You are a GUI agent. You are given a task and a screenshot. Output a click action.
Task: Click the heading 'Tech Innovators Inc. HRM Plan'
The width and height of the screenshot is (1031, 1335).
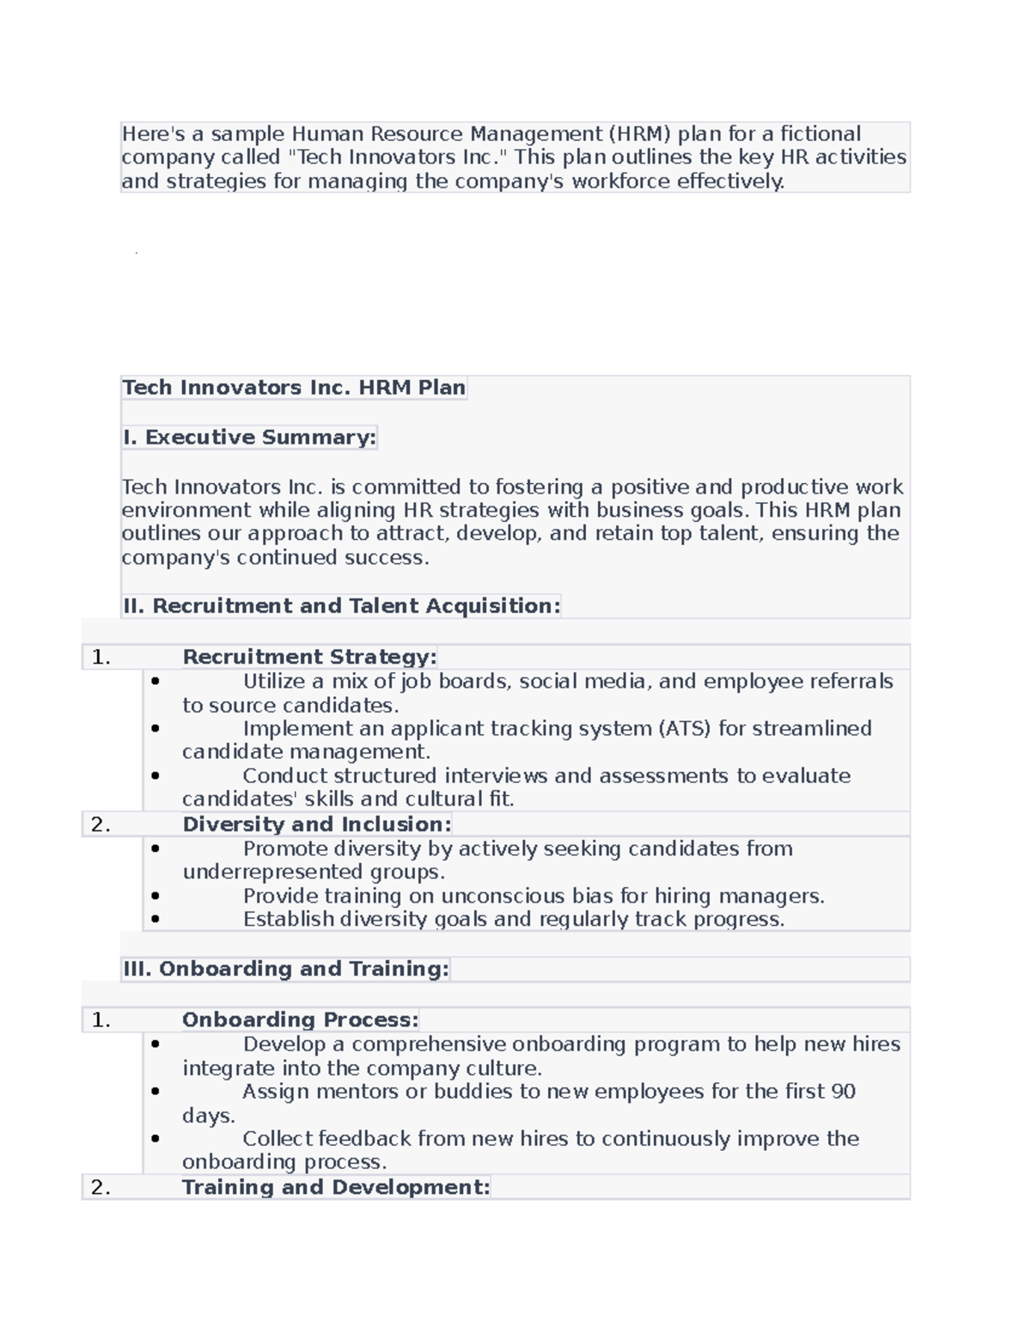click(294, 388)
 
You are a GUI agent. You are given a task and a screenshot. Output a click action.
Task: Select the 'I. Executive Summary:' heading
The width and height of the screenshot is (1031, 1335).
click(249, 438)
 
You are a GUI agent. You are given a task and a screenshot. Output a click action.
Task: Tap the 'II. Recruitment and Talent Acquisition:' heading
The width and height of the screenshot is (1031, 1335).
click(341, 606)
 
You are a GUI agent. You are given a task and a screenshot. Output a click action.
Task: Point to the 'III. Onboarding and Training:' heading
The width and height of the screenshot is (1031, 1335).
click(285, 969)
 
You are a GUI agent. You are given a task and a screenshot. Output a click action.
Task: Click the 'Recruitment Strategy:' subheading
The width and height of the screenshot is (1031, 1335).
click(309, 657)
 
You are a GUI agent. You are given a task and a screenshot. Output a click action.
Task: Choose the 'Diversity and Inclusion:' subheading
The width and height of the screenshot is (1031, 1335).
click(316, 824)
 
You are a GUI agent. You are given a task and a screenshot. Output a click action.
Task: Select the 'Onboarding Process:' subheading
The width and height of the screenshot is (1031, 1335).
click(300, 1020)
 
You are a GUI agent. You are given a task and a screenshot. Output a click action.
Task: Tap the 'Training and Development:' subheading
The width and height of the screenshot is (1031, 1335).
click(335, 1187)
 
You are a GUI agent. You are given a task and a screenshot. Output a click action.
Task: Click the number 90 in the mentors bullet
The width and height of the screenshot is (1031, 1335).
click(843, 1092)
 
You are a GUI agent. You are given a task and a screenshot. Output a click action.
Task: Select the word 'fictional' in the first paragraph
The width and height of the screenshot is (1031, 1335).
click(820, 134)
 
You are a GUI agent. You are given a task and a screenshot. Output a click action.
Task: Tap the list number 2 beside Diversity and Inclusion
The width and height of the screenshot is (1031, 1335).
click(100, 824)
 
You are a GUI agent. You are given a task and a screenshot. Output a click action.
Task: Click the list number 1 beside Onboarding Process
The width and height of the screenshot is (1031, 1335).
click(100, 1020)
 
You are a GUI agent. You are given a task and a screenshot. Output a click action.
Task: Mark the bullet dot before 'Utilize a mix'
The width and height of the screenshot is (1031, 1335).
click(156, 682)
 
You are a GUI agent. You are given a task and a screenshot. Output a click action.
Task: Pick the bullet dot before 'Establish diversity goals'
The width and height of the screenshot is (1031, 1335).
click(156, 919)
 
